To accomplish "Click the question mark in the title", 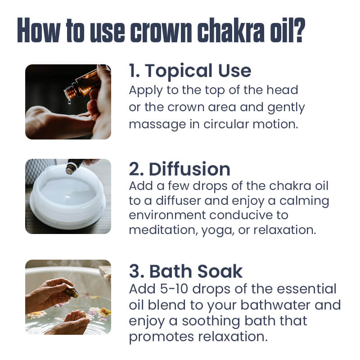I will tap(297, 31).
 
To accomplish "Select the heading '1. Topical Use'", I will tap(189, 71).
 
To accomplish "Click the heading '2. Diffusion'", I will tap(179, 169).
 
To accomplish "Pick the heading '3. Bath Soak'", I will tap(185, 271).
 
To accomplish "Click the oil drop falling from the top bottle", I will tap(69, 102).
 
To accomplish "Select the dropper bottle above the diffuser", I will tap(72, 167).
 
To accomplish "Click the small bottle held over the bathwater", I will tap(71, 292).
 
